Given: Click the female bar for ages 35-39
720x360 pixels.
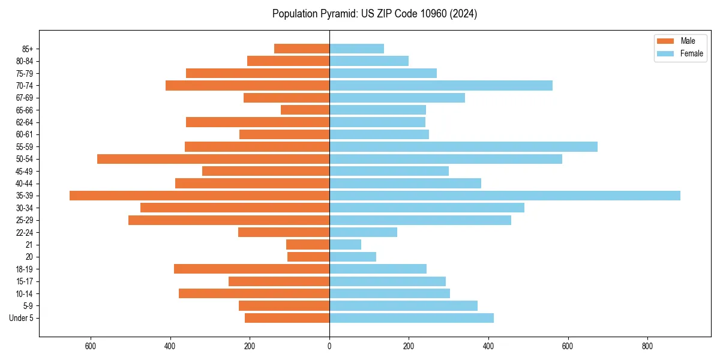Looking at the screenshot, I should (x=505, y=196).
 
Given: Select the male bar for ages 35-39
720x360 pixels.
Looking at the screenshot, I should (x=199, y=196).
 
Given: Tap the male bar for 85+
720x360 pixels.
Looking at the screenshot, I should (x=302, y=49).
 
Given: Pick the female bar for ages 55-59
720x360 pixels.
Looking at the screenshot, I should (x=463, y=146).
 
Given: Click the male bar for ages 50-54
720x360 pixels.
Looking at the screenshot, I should (x=213, y=159).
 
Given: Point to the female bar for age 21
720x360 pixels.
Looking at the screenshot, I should (x=345, y=245).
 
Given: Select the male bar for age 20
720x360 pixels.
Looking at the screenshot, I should (x=308, y=257).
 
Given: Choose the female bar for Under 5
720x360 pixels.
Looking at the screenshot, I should (x=412, y=318).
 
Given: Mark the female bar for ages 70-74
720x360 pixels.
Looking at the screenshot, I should (x=441, y=86).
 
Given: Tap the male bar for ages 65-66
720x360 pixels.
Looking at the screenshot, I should (x=305, y=110).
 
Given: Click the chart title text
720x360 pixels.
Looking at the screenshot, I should (x=374, y=14).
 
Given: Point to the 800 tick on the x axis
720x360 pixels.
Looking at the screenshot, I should (x=647, y=346).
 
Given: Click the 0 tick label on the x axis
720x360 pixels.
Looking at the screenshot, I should (x=329, y=346).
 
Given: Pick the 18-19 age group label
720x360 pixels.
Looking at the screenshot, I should (x=25, y=269).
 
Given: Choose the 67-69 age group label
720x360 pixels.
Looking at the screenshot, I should (x=25, y=98).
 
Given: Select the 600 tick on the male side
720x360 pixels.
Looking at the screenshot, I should (x=91, y=346).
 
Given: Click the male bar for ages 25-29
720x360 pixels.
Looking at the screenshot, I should (x=229, y=220).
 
